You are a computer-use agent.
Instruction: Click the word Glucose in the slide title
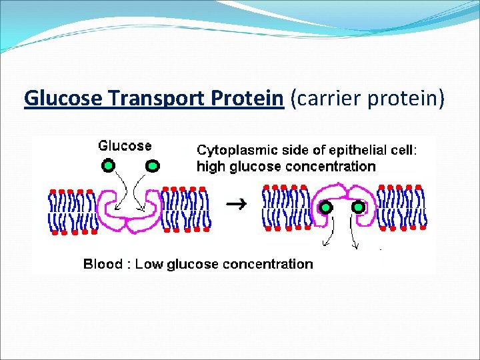[x=63, y=98]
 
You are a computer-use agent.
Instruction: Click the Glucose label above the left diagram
[x=125, y=145]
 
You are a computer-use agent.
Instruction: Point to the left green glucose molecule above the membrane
[x=109, y=165]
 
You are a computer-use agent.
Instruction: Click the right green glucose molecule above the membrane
[x=152, y=165]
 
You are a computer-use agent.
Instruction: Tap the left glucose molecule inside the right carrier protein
[x=325, y=207]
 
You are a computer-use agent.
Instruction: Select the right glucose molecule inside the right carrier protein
[x=359, y=207]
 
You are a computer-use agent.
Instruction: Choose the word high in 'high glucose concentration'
[x=210, y=167]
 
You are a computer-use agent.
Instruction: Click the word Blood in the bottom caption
[x=102, y=264]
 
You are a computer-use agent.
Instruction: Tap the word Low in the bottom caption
[x=150, y=264]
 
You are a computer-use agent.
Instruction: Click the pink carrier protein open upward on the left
[x=131, y=212]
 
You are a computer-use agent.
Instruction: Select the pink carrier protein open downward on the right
[x=342, y=200]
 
